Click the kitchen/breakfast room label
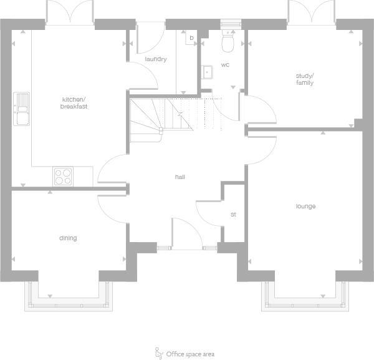pyautogui.click(x=74, y=103)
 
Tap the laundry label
pyautogui.click(x=155, y=59)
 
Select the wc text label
pyautogui.click(x=225, y=64)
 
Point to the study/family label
pyautogui.click(x=304, y=79)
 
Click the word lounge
pyautogui.click(x=305, y=206)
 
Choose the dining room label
pyautogui.click(x=68, y=238)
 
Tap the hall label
pyautogui.click(x=180, y=177)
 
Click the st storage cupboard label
pyautogui.click(x=233, y=215)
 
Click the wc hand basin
pyautogui.click(x=207, y=72)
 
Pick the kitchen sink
pyautogui.click(x=22, y=109)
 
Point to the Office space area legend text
pyautogui.click(x=190, y=354)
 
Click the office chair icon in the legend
pyautogui.click(x=158, y=353)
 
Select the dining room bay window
pyautogui.click(x=68, y=296)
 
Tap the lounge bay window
pyautogui.click(x=304, y=296)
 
